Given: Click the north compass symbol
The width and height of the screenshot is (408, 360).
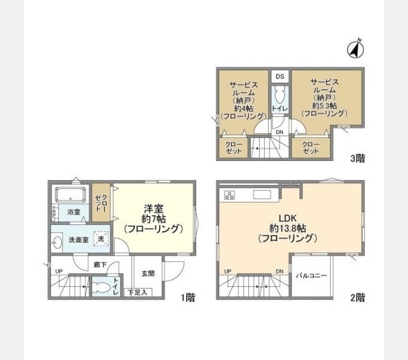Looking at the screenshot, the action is pos(356,49).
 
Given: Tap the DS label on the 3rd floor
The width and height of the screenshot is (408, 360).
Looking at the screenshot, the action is pos(280,76).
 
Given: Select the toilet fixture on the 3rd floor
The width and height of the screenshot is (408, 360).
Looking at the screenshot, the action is pos(280,96).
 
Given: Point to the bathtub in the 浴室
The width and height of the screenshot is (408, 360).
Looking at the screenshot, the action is pos(70,195).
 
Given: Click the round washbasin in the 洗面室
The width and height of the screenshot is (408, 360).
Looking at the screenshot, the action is pos(57,242).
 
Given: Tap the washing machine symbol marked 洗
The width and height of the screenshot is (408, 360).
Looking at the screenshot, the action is pos(100,239).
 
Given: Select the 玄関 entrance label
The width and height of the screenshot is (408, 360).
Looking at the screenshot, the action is pos(148,274).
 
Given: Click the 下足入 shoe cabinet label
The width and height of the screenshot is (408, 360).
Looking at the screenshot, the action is pos(137,292).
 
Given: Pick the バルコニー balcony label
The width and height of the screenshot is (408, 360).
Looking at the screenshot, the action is pos(311,275).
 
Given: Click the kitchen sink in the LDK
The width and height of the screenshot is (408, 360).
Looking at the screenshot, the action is pos(262,194).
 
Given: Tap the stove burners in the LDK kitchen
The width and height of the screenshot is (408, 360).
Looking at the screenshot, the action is pos(229,195).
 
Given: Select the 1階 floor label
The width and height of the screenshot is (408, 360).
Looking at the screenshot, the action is pos(188,298).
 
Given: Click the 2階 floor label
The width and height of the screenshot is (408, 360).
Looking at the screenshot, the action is pos(358,298).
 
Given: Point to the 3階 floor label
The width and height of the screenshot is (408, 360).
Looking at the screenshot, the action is pos(358,158).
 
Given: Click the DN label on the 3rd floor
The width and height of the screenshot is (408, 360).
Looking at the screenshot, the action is pos(280,132).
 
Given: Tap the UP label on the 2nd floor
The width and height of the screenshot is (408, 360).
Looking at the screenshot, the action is pos(227,271).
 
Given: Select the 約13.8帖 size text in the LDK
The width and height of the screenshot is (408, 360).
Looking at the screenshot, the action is pos(287,229).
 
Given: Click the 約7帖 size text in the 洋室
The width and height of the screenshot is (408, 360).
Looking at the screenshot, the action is pos(154,219).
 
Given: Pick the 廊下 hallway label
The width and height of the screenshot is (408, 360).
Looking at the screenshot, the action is pos(100,265).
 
